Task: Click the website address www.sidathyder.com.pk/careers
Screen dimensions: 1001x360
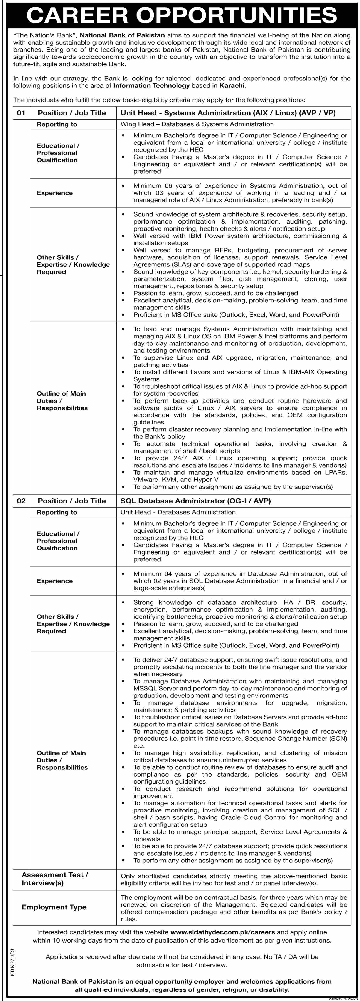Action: click(x=223, y=932)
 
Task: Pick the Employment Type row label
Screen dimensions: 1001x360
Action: click(x=54, y=907)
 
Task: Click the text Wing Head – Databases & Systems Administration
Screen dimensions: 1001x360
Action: click(x=197, y=124)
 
